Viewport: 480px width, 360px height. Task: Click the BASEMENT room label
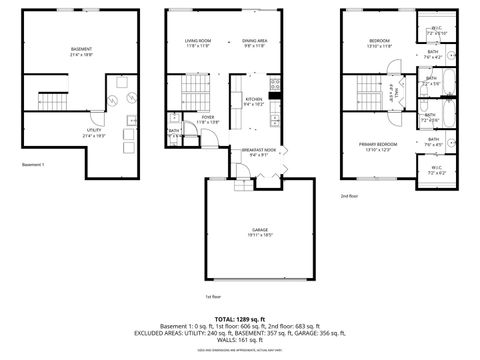(81, 49)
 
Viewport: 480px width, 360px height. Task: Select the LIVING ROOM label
(197, 41)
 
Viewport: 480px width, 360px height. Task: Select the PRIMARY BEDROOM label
(379, 145)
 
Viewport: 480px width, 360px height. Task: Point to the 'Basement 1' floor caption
(33, 164)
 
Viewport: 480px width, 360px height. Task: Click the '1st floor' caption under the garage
(212, 297)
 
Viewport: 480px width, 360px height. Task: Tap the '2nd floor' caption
(348, 196)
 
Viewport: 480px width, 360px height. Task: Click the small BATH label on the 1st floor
(174, 130)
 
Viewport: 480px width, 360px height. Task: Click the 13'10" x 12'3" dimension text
(379, 151)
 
